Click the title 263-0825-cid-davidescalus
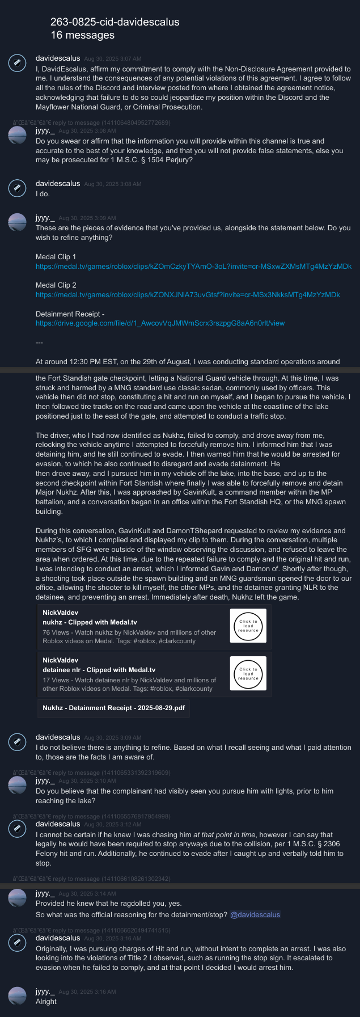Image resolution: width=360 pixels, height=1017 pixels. click(x=115, y=22)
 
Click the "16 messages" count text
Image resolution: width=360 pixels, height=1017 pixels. click(x=82, y=35)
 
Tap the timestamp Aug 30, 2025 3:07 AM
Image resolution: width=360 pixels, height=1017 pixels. click(x=112, y=59)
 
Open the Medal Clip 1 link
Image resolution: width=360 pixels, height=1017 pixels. click(x=193, y=266)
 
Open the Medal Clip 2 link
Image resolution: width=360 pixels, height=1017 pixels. click(x=188, y=295)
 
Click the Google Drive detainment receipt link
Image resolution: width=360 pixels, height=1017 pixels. click(x=160, y=323)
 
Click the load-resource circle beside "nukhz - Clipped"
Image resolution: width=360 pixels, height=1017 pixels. click(x=248, y=626)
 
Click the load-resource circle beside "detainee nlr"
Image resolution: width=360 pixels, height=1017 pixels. click(x=248, y=673)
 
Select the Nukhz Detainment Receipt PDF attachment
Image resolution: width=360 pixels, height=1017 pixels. click(x=113, y=708)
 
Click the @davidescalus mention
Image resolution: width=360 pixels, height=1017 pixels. click(x=255, y=914)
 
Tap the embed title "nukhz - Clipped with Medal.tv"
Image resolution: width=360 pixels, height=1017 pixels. click(x=90, y=622)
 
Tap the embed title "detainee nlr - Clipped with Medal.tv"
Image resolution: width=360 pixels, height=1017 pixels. click(x=99, y=670)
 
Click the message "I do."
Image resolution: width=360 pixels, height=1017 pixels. click(x=43, y=194)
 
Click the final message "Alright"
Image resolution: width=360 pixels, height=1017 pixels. click(x=46, y=1001)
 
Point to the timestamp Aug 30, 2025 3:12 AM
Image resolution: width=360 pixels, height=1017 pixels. click(x=112, y=825)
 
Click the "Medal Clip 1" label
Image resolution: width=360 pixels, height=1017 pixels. click(x=56, y=257)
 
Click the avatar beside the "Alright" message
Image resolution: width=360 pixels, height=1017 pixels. click(x=18, y=997)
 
